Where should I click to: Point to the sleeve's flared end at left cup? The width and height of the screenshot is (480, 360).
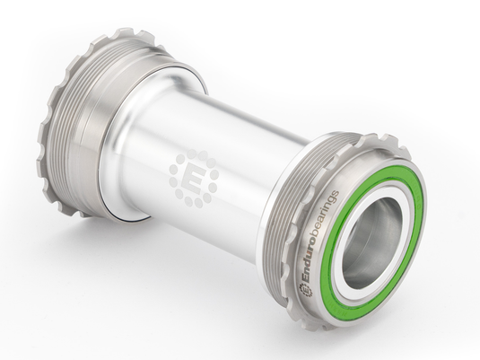(x=121, y=162)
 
